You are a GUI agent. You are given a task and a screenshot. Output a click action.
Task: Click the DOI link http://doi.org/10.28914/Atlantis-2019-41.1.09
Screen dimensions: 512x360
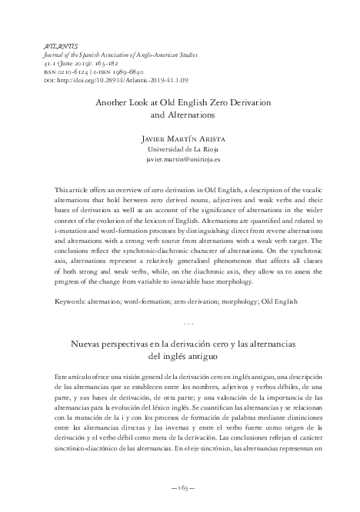click(x=116, y=79)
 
